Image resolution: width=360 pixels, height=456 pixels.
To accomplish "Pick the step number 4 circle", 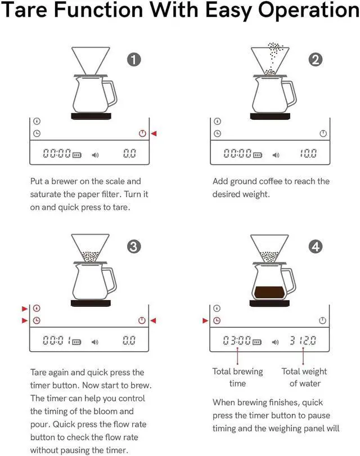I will pos(316,246).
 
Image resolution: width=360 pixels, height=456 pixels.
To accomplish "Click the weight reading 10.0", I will pos(308,154).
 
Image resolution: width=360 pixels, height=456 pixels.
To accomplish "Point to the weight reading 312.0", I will pos(303,341).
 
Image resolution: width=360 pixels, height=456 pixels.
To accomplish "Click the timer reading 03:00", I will pos(236,341).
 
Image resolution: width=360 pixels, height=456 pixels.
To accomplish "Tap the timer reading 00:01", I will pos(56,341).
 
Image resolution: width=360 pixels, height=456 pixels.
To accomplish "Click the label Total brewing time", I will pos(237,377).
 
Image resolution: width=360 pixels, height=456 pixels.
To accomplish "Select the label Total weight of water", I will pos(304,377).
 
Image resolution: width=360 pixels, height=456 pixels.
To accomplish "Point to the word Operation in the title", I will pos(299,11).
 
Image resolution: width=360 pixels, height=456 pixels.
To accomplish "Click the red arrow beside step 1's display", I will pos(154,133).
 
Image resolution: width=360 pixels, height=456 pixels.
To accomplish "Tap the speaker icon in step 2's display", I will pos(276,154).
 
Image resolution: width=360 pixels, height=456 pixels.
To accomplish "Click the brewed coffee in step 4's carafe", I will pos(271,293).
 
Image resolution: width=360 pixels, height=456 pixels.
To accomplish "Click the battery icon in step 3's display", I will pos(77,341).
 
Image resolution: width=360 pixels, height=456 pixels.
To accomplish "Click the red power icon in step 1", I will pos(142,133).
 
